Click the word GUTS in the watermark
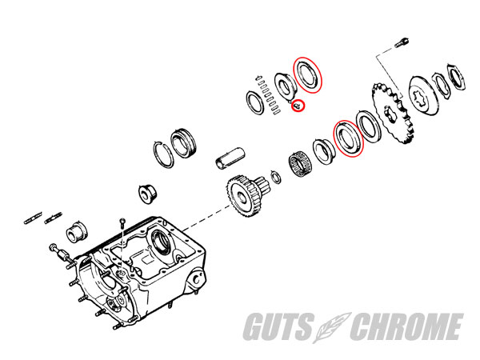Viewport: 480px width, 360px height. (278, 326)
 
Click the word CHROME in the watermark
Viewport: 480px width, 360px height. (406, 326)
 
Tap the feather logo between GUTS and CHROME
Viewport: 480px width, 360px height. (332, 327)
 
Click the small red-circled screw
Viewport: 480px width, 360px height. (298, 106)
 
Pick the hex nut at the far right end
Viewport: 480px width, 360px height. (457, 77)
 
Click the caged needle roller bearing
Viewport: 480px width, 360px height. (300, 166)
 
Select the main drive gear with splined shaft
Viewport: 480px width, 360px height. (245, 195)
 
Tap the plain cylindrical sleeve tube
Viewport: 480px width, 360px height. (230, 158)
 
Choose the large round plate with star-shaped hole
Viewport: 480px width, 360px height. (424, 96)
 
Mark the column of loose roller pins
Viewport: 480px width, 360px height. (268, 95)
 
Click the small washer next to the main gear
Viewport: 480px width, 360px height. (276, 178)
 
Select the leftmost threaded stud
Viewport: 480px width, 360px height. (33, 218)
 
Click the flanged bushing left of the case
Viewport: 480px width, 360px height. (77, 231)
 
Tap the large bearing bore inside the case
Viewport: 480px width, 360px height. (162, 242)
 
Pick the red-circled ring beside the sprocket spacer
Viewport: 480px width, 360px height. (349, 138)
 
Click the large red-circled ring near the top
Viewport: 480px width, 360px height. (308, 75)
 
